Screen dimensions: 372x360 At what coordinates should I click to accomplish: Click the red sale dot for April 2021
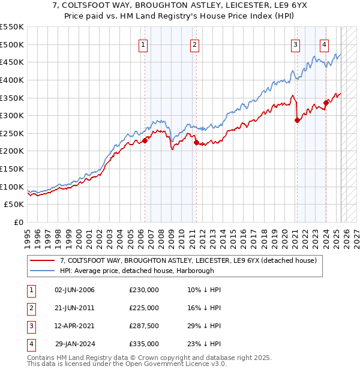297,120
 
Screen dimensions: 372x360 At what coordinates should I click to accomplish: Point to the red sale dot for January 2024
326,103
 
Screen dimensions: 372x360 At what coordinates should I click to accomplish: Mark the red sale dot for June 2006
145,140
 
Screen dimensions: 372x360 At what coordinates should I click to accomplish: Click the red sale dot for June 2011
196,142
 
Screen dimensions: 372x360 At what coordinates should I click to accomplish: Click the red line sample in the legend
43,260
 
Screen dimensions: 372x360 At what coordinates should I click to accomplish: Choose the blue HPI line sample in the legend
43,271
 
